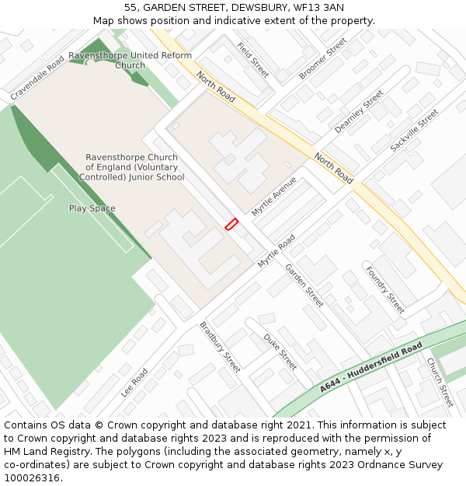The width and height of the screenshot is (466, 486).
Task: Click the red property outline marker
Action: tap(231, 223)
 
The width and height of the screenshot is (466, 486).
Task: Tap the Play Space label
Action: tap(92, 208)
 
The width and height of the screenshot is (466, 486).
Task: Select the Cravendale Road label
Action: tap(37, 78)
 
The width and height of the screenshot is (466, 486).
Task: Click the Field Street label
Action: tap(253, 60)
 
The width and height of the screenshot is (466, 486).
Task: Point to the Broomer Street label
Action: tap(322, 58)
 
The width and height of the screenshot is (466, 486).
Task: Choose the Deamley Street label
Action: tap(359, 111)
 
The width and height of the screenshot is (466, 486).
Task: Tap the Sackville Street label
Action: tap(414, 130)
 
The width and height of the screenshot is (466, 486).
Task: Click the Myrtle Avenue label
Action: tap(273, 196)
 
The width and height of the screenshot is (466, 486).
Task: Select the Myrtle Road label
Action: tap(276, 250)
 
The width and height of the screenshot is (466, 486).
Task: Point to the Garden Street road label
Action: tap(304, 285)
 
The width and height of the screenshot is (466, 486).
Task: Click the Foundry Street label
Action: tap(385, 290)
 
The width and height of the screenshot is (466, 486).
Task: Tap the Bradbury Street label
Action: tap(220, 347)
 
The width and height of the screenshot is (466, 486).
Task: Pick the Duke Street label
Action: tap(280, 351)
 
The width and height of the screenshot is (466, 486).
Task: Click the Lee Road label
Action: tap(134, 383)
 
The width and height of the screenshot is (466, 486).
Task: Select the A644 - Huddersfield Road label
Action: tap(371, 367)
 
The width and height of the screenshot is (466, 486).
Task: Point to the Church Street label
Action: tap(440, 382)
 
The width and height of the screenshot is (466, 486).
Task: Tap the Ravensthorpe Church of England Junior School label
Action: tap(131, 167)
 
